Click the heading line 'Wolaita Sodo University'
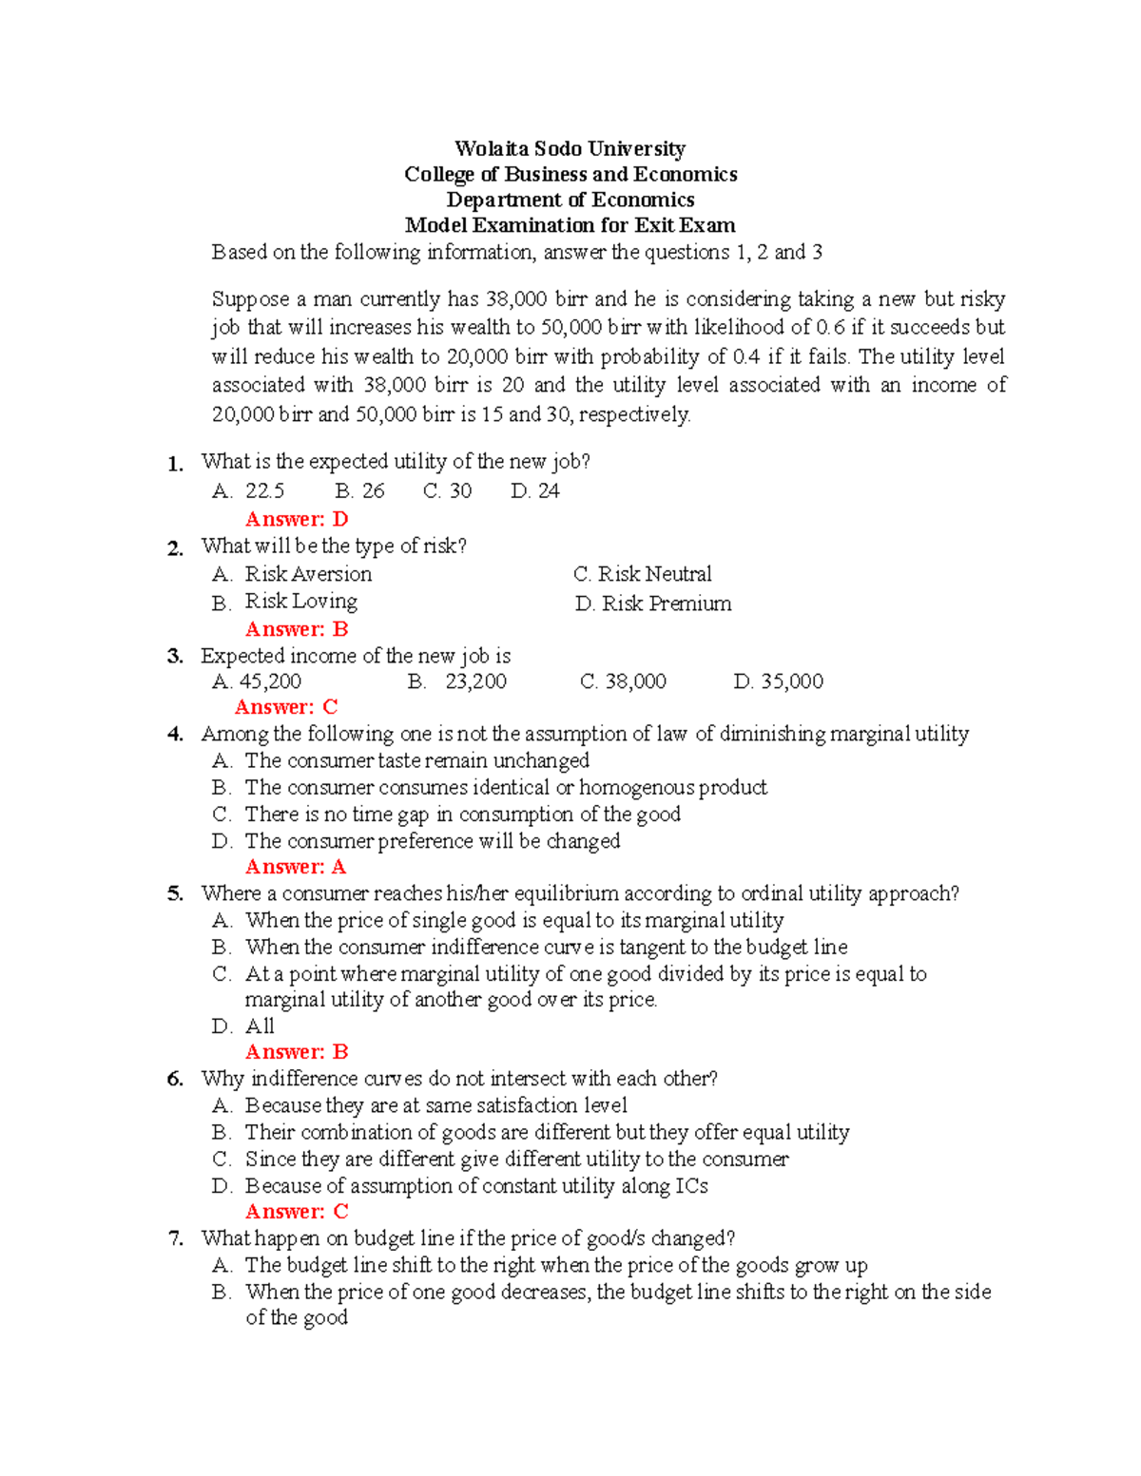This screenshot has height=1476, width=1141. coord(570,148)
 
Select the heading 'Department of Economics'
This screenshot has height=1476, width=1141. coord(570,200)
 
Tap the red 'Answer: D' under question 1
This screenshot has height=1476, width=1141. coord(297,519)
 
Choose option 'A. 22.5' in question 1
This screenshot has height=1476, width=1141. coord(248,491)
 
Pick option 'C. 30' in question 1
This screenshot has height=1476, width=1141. coord(447,491)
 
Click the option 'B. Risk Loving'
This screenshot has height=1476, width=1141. coord(285,602)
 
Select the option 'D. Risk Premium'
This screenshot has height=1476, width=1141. coord(653,604)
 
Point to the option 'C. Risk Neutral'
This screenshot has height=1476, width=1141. coord(643,574)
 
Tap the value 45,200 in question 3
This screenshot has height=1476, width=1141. coord(270,681)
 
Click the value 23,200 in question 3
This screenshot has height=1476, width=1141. coord(475,681)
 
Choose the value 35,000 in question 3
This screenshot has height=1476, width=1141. coord(792,681)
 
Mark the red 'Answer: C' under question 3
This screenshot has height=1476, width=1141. coord(286,707)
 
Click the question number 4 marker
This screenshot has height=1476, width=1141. coord(175,735)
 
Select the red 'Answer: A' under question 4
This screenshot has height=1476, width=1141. coord(296,867)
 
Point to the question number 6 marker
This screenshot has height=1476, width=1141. coord(175,1080)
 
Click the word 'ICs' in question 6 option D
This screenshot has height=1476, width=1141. coord(691,1186)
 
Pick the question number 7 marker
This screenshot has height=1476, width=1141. coord(175,1239)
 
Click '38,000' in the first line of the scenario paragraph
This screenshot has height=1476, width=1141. coord(516,299)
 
